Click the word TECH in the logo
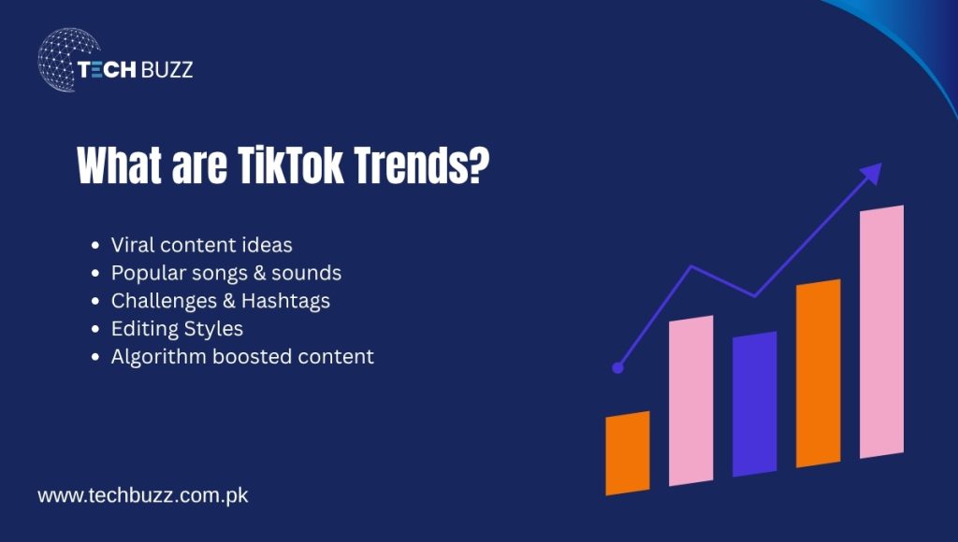pyautogui.click(x=106, y=70)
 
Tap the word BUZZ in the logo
pyautogui.click(x=166, y=70)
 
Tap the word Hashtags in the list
pyautogui.click(x=285, y=301)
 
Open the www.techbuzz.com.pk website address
pyautogui.click(x=142, y=495)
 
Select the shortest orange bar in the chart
pyautogui.click(x=628, y=453)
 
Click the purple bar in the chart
pyautogui.click(x=754, y=404)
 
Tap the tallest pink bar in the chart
pyautogui.click(x=881, y=332)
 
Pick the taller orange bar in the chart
pyautogui.click(x=818, y=374)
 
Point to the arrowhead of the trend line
pyautogui.click(x=873, y=173)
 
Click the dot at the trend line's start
pyautogui.click(x=617, y=368)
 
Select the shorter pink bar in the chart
pyautogui.click(x=690, y=402)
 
